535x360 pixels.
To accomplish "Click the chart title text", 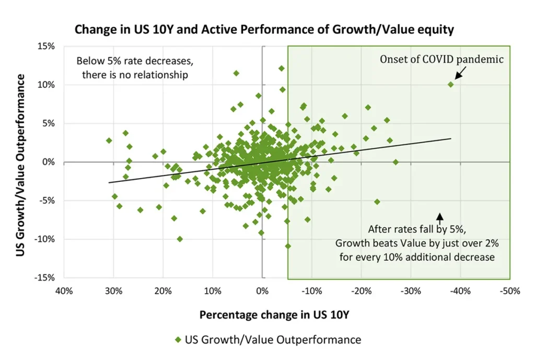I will pyautogui.click(x=264, y=29).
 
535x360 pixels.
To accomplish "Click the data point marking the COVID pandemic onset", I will pyautogui.click(x=451, y=84).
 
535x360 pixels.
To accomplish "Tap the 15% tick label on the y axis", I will pyautogui.click(x=47, y=46).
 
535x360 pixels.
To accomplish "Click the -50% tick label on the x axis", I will pyautogui.click(x=510, y=291).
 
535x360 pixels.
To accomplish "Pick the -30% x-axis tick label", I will pyautogui.click(x=411, y=291).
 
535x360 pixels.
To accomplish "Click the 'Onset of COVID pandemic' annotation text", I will pyautogui.click(x=441, y=60).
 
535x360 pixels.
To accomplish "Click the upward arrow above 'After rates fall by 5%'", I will pyautogui.click(x=439, y=216).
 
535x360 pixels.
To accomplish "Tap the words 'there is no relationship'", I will pyautogui.click(x=135, y=75).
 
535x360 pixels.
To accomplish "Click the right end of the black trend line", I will pyautogui.click(x=450, y=138).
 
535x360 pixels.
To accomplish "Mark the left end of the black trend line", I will pyautogui.click(x=109, y=182).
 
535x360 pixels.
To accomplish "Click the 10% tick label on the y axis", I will pyautogui.click(x=47, y=85).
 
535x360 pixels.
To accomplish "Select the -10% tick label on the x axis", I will pyautogui.click(x=312, y=291).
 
